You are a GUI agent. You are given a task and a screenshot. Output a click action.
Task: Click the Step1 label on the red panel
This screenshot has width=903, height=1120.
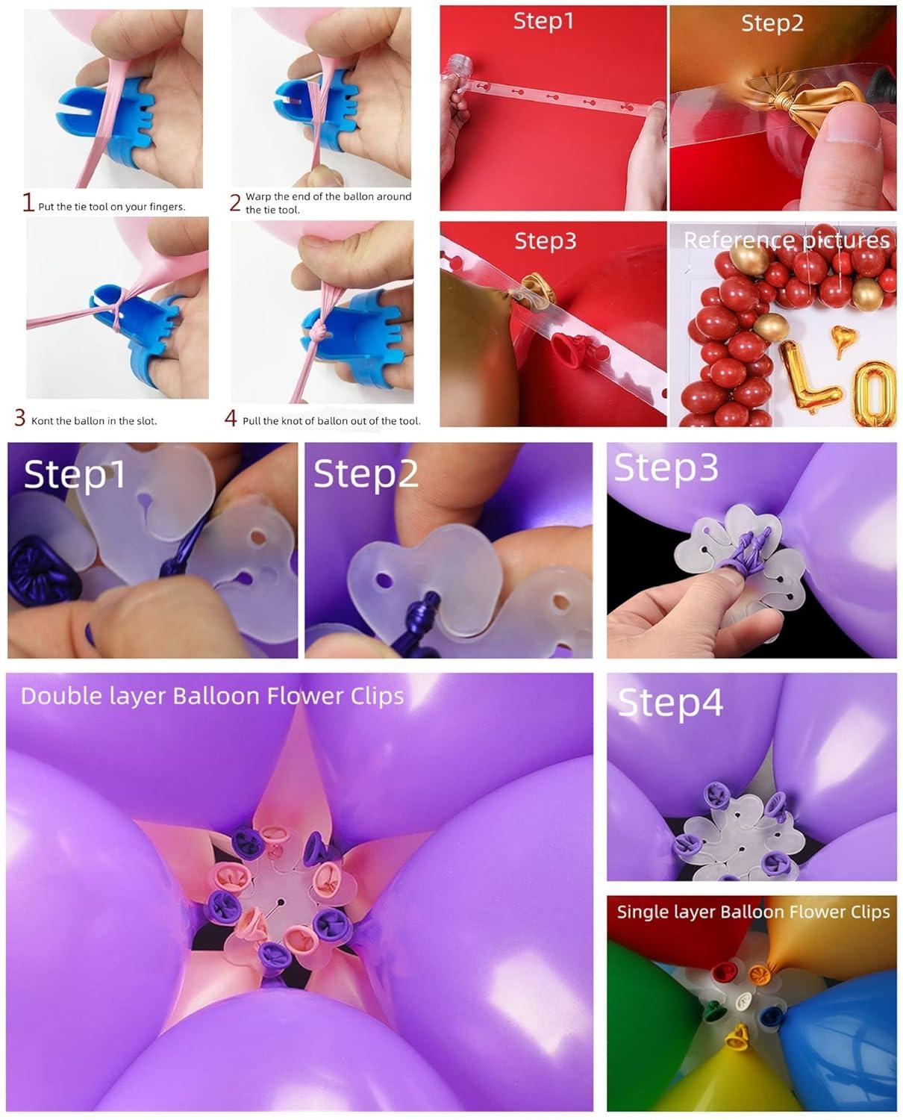point(544,21)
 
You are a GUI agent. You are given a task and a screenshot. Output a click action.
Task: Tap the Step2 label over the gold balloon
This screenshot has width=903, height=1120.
point(772,23)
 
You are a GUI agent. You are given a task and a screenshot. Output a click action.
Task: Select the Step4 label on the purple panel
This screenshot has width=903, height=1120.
point(669,703)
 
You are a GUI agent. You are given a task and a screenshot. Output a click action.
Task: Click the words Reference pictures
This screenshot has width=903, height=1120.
point(787,240)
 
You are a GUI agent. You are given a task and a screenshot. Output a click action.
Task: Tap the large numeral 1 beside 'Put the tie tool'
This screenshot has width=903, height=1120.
point(28,203)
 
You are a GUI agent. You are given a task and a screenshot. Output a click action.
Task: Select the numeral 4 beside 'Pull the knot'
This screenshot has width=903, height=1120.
point(231,419)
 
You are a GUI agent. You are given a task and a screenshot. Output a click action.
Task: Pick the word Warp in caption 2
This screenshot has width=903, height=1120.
point(258,197)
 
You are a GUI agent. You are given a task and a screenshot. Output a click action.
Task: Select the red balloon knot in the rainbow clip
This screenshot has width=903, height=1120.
point(721,972)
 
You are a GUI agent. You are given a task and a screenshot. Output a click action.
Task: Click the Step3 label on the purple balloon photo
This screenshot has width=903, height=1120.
point(665,468)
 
